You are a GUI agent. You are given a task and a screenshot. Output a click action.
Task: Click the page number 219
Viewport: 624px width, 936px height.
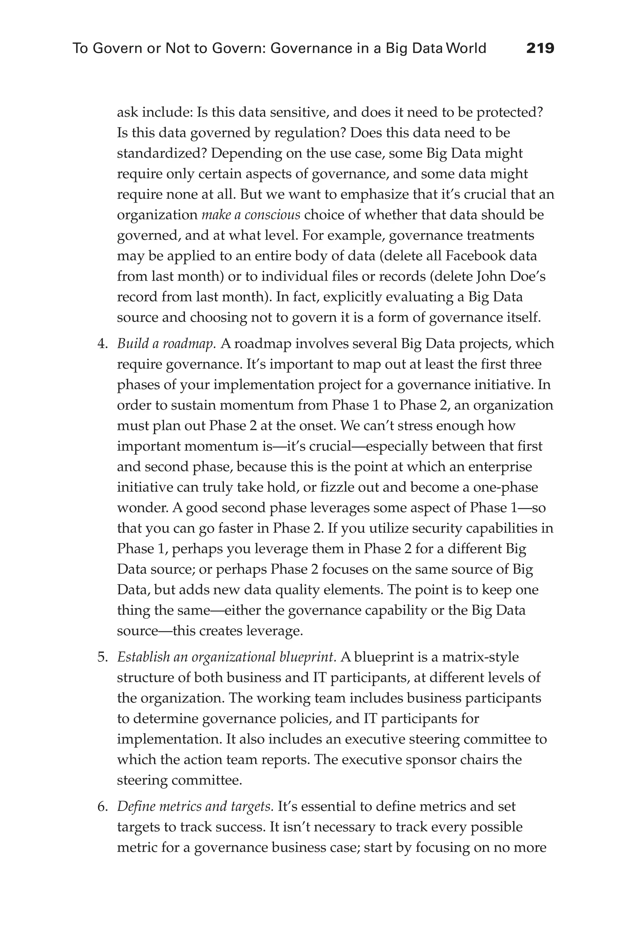tap(540, 48)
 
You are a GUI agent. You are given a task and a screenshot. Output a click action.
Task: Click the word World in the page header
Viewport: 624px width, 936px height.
tap(466, 48)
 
